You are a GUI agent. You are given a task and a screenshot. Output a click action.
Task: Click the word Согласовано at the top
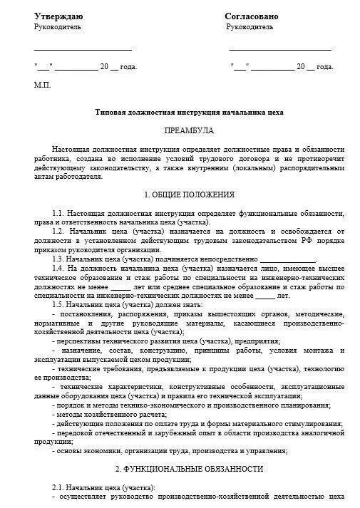pyautogui.click(x=252, y=16)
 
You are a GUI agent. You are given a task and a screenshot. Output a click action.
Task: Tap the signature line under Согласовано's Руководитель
pyautogui.click(x=280, y=50)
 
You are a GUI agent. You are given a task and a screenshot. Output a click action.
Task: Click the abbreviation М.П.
pyautogui.click(x=42, y=84)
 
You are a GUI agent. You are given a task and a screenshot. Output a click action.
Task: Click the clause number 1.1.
pyautogui.click(x=58, y=214)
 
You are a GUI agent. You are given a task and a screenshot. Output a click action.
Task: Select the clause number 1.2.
pyautogui.click(x=58, y=232)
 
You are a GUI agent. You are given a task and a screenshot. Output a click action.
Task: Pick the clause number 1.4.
pyautogui.click(x=58, y=268)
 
